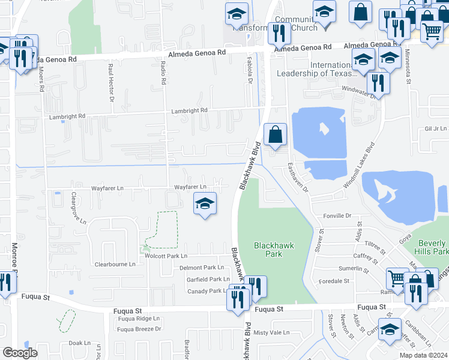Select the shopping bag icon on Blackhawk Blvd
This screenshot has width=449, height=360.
pos(275,136)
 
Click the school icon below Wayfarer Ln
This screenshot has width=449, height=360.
pos(205,204)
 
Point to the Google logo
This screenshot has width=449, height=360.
pos(20,353)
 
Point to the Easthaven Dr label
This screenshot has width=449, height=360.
pos(297,178)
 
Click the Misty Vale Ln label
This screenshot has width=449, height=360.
pos(271,332)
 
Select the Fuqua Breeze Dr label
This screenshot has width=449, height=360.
pos(140,329)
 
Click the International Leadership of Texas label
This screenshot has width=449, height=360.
pos(315,69)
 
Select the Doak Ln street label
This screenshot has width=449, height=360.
pos(79,343)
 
